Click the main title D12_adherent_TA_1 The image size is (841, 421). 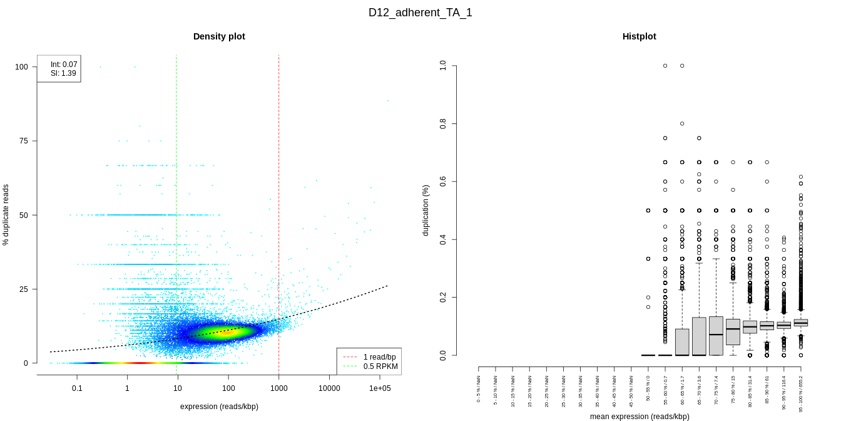[x=420, y=13]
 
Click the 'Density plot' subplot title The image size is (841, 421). [x=219, y=36]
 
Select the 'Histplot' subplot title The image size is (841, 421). [x=639, y=36]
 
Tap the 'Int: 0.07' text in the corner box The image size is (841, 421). [x=64, y=65]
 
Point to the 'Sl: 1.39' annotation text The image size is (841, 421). [x=63, y=73]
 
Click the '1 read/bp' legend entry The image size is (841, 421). [x=379, y=357]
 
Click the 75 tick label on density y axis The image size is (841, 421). [x=24, y=141]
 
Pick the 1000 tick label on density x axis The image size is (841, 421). [x=278, y=388]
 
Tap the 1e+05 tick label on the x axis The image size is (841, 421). [x=380, y=388]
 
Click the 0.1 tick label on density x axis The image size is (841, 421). [x=77, y=388]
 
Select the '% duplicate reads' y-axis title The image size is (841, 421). [x=6, y=215]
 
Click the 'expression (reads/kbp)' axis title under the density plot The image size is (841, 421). [x=219, y=407]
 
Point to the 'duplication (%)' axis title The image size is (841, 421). [x=426, y=210]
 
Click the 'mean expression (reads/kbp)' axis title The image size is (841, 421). [x=639, y=417]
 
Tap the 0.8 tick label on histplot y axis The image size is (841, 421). [x=443, y=124]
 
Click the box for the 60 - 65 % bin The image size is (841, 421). [x=682, y=342]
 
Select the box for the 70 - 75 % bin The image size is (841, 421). [x=716, y=336]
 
